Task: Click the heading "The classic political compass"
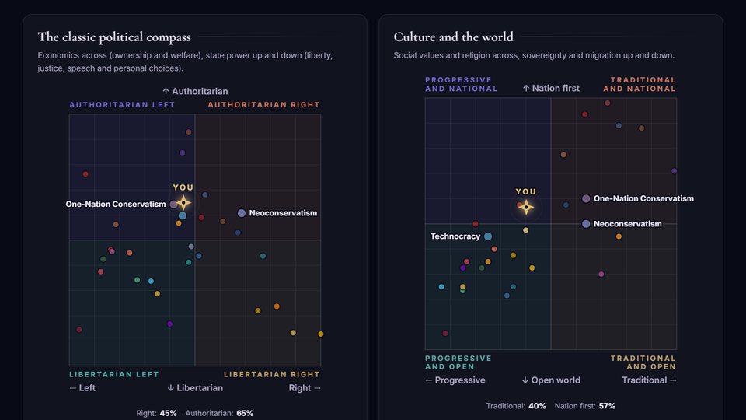click(114, 37)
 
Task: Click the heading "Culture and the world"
click(453, 37)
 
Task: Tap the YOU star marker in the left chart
click(183, 203)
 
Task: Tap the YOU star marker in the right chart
click(526, 207)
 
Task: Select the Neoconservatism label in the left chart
click(283, 213)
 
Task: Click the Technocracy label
click(455, 236)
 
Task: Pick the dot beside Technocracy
click(488, 236)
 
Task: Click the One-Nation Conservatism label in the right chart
click(643, 198)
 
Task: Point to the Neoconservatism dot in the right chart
click(586, 224)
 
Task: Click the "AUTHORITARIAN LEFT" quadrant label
click(122, 105)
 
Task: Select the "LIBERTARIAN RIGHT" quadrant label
click(272, 374)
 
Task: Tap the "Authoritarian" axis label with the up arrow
click(195, 92)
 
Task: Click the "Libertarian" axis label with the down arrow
click(195, 388)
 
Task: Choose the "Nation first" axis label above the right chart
click(551, 88)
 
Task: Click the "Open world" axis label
click(551, 380)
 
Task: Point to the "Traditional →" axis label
click(650, 380)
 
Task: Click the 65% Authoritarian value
click(245, 413)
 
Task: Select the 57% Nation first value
click(607, 406)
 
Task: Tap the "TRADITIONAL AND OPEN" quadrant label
click(643, 362)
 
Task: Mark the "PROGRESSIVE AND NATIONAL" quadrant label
click(461, 84)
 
